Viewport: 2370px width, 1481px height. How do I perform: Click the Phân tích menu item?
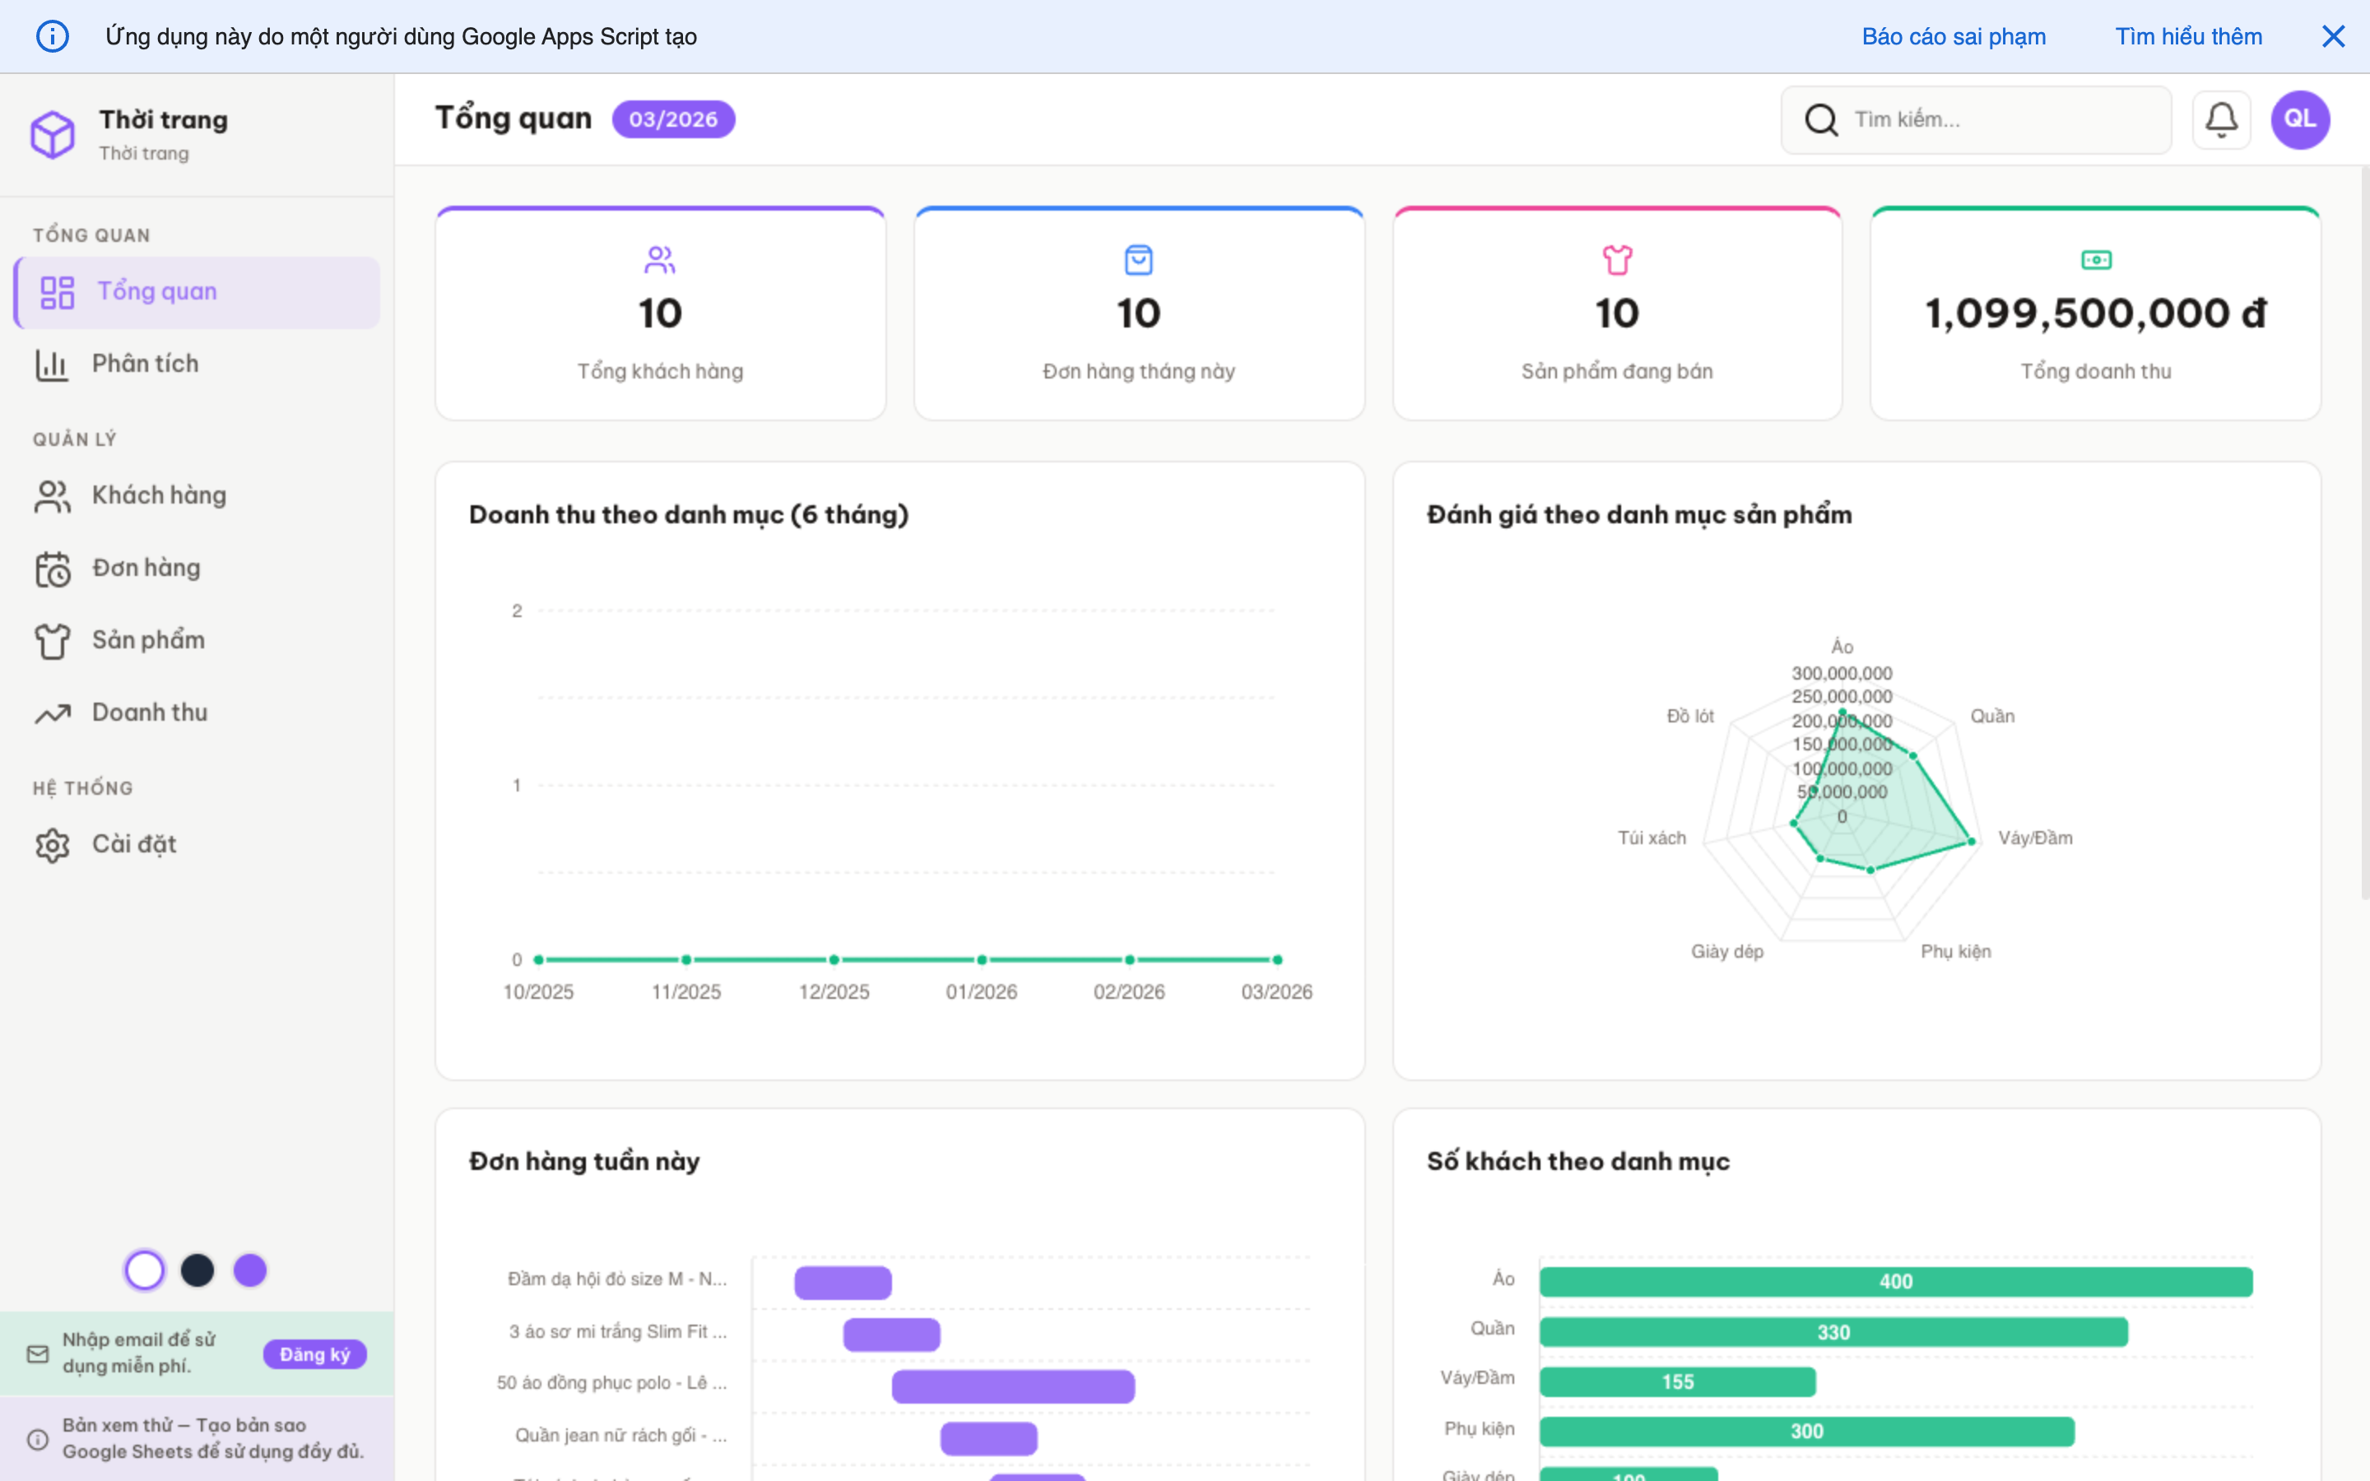[x=145, y=364]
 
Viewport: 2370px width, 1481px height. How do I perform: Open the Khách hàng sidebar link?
[x=159, y=495]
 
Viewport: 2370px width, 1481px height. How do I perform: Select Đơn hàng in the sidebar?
[x=146, y=568]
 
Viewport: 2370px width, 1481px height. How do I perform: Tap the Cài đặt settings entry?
[x=133, y=844]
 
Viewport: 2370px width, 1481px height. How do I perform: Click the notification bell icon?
[x=2220, y=119]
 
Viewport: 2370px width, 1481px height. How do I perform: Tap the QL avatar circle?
[x=2299, y=119]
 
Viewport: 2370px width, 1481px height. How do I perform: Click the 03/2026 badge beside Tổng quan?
[x=673, y=119]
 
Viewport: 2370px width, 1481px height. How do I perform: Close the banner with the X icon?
[x=2333, y=36]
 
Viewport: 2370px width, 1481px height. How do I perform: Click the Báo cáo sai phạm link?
[x=1953, y=36]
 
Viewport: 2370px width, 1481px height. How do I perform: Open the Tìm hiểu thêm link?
[x=2188, y=36]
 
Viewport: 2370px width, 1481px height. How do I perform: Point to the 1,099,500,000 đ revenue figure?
[x=2095, y=313]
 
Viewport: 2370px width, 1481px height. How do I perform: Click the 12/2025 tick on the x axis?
[x=834, y=991]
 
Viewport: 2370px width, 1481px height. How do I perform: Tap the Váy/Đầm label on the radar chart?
[x=2034, y=838]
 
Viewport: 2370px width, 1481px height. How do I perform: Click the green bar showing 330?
[x=1833, y=1332]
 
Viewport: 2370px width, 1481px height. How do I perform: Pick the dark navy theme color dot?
[x=197, y=1270]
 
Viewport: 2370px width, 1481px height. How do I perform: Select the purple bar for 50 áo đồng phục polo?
[x=1013, y=1386]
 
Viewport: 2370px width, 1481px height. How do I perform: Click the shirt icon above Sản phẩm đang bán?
[x=1617, y=259]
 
